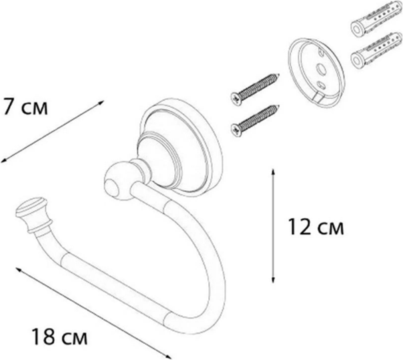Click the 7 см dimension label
pyautogui.click(x=25, y=106)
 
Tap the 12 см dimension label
pyautogui.click(x=315, y=227)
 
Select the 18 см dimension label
pyautogui.click(x=60, y=337)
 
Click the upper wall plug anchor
pyautogui.click(x=376, y=19)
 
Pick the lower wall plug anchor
pyautogui.click(x=376, y=50)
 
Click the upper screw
pyautogui.click(x=255, y=90)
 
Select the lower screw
pyautogui.click(x=255, y=120)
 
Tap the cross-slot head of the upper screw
pyautogui.click(x=236, y=98)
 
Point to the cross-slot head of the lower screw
pyautogui.click(x=236, y=130)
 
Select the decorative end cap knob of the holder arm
pyautogui.click(x=31, y=214)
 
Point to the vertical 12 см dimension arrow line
pyautogui.click(x=273, y=226)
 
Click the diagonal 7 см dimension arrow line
pyautogui.click(x=52, y=132)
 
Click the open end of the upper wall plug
pyautogui.click(x=356, y=28)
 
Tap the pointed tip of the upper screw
pyautogui.click(x=278, y=75)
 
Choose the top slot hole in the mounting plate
pyautogui.click(x=321, y=53)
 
